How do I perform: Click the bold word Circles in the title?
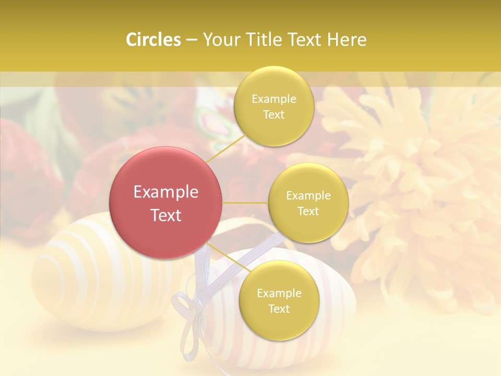coord(153,40)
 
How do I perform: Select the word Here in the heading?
coord(347,40)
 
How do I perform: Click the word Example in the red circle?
coord(166,192)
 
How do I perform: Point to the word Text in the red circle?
coord(166,215)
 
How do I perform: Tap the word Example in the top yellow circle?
coord(274,99)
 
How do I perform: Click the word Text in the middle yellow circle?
coord(308,211)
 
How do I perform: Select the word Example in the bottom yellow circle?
coord(279,293)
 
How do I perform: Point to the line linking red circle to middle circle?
coord(245,203)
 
